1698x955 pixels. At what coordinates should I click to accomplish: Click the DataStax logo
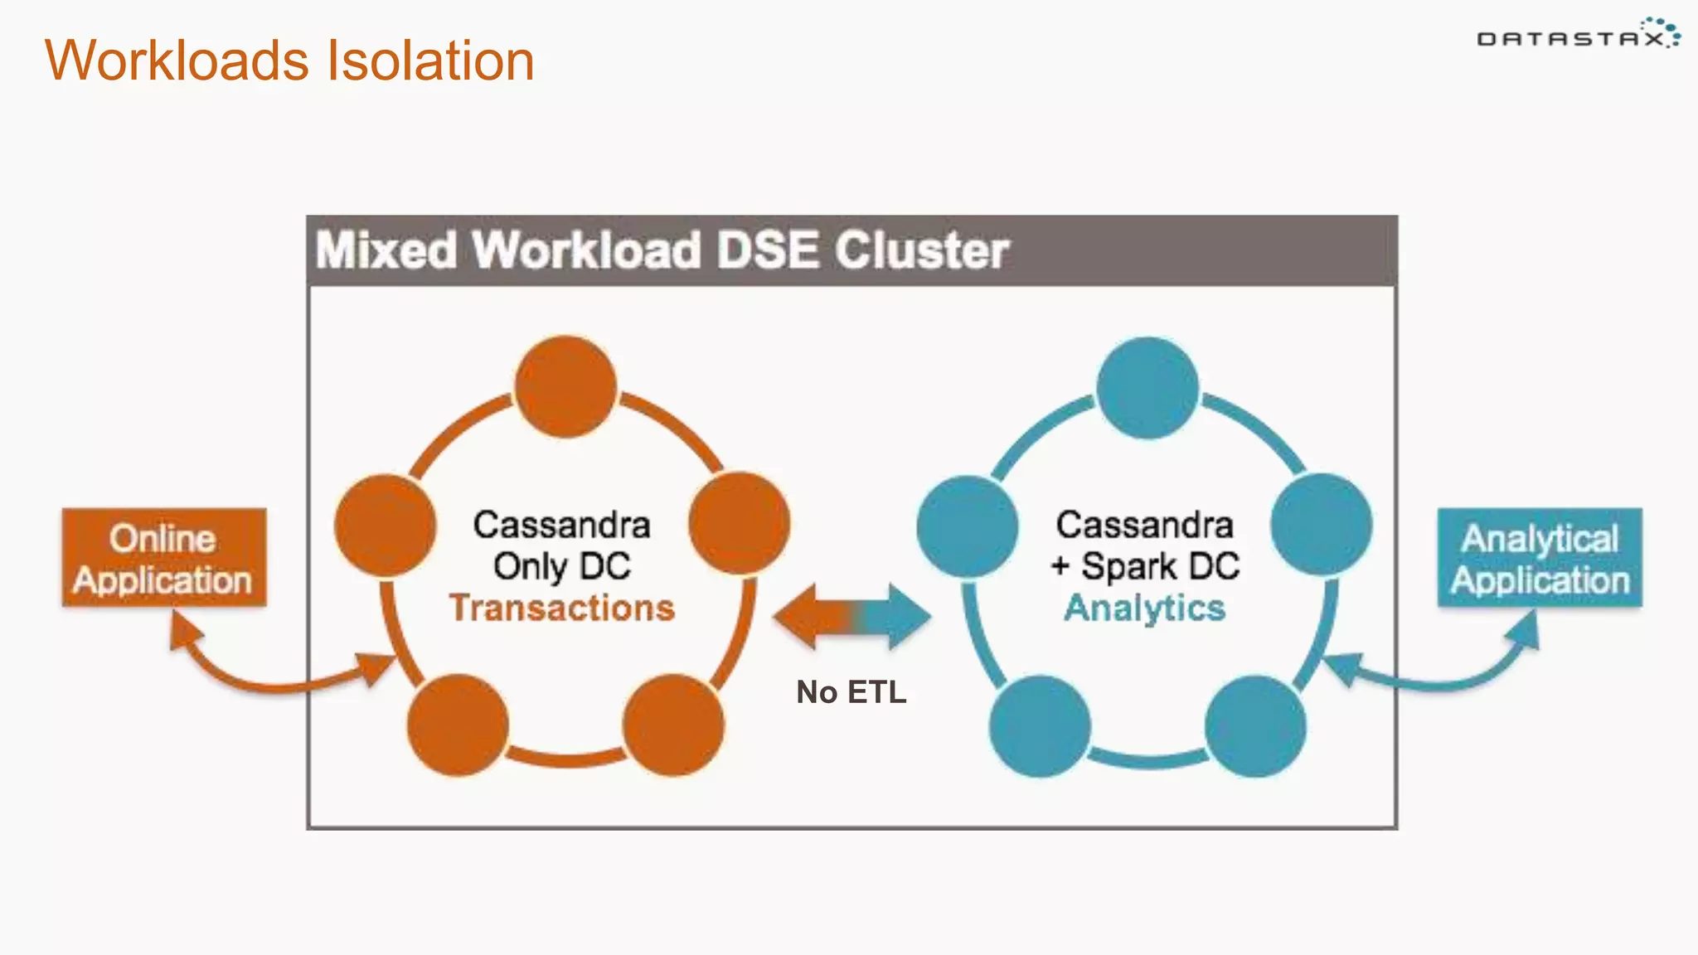coord(1578,35)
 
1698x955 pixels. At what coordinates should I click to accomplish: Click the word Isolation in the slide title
coord(430,61)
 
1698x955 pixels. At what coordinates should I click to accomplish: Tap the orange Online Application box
coord(164,558)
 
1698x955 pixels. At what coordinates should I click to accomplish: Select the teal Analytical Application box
coord(1540,558)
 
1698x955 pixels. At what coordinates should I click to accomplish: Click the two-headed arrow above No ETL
coord(851,617)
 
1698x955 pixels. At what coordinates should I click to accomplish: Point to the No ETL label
coord(851,691)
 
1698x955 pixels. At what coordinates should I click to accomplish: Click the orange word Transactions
coord(562,608)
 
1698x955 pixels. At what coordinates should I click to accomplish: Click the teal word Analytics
coord(1145,608)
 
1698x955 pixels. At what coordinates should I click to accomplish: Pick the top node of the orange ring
coord(565,386)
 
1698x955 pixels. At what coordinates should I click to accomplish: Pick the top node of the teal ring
coord(1147,387)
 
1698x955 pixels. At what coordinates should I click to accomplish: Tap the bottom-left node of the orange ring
coord(458,725)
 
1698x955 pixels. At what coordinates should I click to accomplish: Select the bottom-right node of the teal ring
coord(1255,726)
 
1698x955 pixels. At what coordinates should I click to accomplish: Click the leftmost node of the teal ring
coord(968,526)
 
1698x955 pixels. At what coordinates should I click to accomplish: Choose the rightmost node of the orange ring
coord(740,524)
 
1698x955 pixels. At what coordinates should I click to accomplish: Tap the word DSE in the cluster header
coord(768,250)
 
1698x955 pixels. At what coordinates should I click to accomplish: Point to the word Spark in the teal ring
coord(1129,566)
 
